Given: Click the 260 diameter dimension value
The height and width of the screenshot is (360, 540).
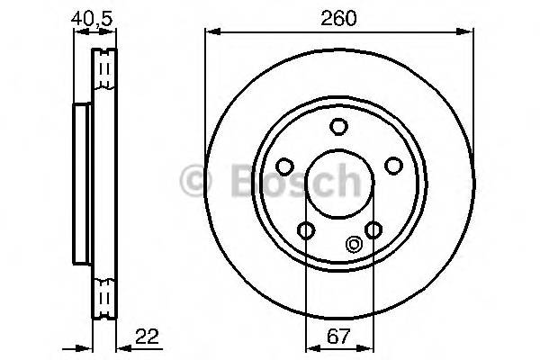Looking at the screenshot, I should (337, 17).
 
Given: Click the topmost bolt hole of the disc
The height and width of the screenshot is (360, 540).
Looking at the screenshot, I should (338, 127).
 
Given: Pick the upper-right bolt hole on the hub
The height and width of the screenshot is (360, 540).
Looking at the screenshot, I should (392, 166).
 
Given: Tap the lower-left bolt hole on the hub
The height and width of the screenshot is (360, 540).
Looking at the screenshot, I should (306, 230).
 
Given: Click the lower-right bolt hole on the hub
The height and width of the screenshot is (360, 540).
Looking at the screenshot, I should (372, 230).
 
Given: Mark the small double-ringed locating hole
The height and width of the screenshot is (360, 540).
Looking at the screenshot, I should (353, 242).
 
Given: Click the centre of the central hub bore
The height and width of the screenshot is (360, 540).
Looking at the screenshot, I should (338, 185).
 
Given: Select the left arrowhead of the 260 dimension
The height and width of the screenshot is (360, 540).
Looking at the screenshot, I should (211, 33).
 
